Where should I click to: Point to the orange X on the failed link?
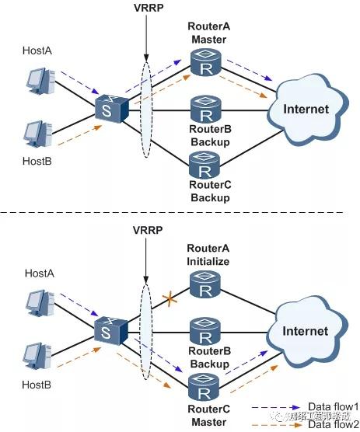coord(166,298)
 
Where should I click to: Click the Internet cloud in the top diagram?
coord(306,108)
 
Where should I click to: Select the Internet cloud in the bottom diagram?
coord(306,331)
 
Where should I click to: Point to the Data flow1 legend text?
coord(333,406)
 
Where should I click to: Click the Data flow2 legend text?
coord(333,424)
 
